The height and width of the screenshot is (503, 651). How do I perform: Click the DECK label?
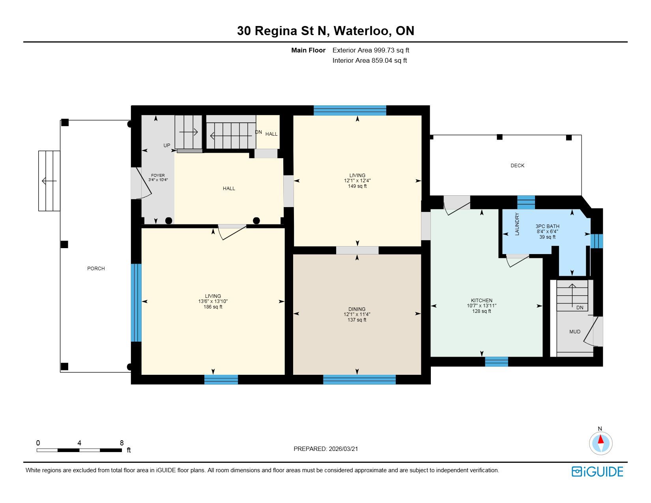pyautogui.click(x=517, y=166)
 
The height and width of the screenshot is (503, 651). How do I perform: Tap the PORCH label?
pyautogui.click(x=96, y=269)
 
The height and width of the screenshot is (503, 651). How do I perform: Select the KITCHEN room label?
pyautogui.click(x=481, y=301)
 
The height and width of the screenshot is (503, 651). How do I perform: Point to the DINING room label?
pyautogui.click(x=357, y=309)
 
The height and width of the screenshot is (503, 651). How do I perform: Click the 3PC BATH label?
pyautogui.click(x=547, y=226)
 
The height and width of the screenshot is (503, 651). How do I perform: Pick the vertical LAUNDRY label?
pyautogui.click(x=517, y=224)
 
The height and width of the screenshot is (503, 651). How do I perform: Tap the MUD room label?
pyautogui.click(x=574, y=332)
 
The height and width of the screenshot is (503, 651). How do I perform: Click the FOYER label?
pyautogui.click(x=158, y=176)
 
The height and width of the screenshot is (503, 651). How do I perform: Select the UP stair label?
pyautogui.click(x=166, y=146)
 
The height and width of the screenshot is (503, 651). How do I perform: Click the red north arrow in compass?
pyautogui.click(x=600, y=439)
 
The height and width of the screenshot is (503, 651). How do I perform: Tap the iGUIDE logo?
pyautogui.click(x=597, y=471)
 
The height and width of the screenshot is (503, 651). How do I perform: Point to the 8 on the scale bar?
pyautogui.click(x=122, y=443)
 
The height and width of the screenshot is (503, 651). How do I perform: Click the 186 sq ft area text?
pyautogui.click(x=213, y=307)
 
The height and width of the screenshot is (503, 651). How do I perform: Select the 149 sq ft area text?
pyautogui.click(x=357, y=186)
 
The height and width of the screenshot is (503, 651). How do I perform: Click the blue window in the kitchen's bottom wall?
pyautogui.click(x=496, y=362)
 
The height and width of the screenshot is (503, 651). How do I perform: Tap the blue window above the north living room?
pyautogui.click(x=350, y=110)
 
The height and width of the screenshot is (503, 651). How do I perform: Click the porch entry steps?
pyautogui.click(x=49, y=181)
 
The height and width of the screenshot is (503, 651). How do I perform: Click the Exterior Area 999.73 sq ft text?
pyautogui.click(x=370, y=50)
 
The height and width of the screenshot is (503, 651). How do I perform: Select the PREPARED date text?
pyautogui.click(x=325, y=449)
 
